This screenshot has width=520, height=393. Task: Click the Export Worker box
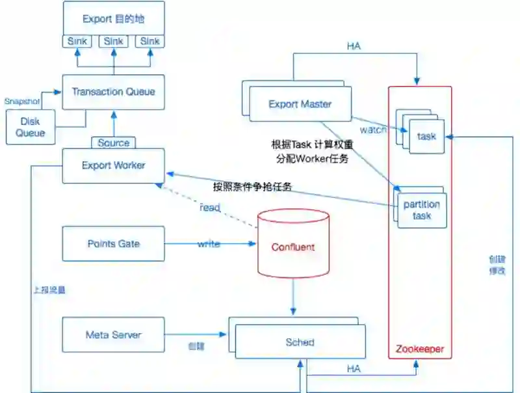coord(113,165)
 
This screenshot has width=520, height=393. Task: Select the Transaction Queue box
coord(113,92)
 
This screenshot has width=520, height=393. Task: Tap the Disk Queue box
coord(30,127)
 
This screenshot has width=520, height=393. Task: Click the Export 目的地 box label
coord(113,19)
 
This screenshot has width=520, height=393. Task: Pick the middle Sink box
coord(114,41)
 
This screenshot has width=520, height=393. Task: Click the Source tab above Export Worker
coord(114,142)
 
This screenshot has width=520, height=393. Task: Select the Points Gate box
coord(113,244)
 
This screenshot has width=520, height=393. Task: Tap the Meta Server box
coord(113,335)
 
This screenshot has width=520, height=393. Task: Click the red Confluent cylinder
coord(292,247)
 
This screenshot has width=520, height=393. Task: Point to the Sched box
coord(300,342)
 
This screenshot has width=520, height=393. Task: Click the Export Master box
coord(300,104)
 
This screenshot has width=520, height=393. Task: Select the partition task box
coord(421,210)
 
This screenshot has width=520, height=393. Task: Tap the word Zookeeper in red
coord(420,349)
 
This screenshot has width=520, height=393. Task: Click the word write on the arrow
coord(209,244)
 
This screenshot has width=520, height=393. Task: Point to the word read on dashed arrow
coord(210,208)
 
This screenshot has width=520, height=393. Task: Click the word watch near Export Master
coord(373,129)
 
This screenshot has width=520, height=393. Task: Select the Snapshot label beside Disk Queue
coord(21,102)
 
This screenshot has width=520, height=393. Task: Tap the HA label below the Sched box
coord(354,369)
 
